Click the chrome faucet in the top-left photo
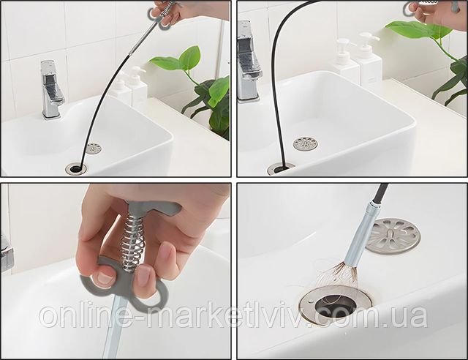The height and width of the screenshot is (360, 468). tap(50, 89)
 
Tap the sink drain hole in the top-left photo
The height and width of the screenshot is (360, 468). tap(76, 168)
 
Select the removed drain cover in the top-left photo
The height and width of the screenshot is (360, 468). tap(93, 149)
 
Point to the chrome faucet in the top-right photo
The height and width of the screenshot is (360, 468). tap(249, 62)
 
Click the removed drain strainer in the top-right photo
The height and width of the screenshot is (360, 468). tap(306, 143)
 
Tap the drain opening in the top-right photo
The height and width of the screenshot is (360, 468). tap(281, 169)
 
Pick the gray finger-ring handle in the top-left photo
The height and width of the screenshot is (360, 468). tap(160, 17)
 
